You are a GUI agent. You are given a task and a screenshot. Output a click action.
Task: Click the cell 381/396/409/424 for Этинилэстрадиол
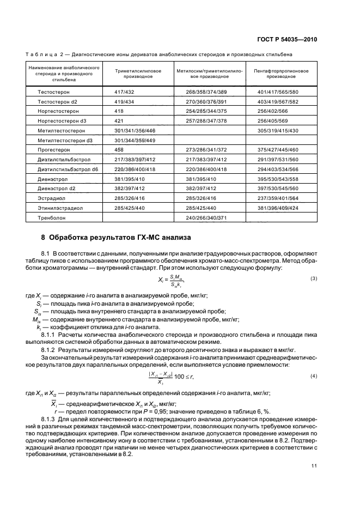point(277,207)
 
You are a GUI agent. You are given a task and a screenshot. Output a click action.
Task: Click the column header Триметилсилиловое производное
point(138,74)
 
